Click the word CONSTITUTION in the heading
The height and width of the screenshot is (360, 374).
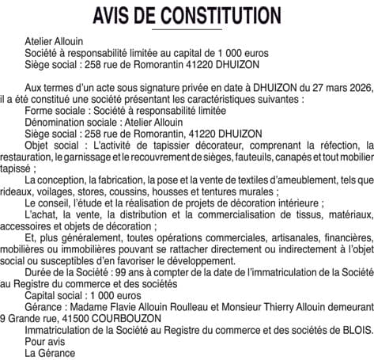point(215,15)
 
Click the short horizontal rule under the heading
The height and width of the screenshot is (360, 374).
point(187,29)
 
